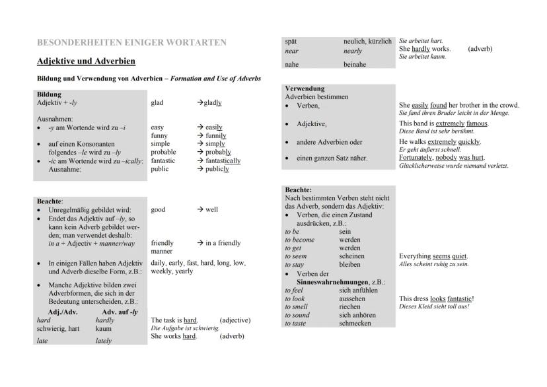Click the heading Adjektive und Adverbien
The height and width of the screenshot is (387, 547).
point(86,61)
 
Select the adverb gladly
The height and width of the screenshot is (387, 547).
point(213,103)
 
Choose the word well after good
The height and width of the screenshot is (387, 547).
point(211,210)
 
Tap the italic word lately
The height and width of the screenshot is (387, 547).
point(104,341)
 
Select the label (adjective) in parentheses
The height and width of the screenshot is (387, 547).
point(235,320)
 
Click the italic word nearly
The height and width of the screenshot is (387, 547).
point(353,51)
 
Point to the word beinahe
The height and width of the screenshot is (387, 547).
point(355,65)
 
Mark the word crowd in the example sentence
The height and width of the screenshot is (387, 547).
point(508,105)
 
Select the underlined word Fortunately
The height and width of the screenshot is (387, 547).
point(418,158)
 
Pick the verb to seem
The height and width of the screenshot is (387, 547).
point(297,256)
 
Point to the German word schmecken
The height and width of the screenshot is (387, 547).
point(355,323)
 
